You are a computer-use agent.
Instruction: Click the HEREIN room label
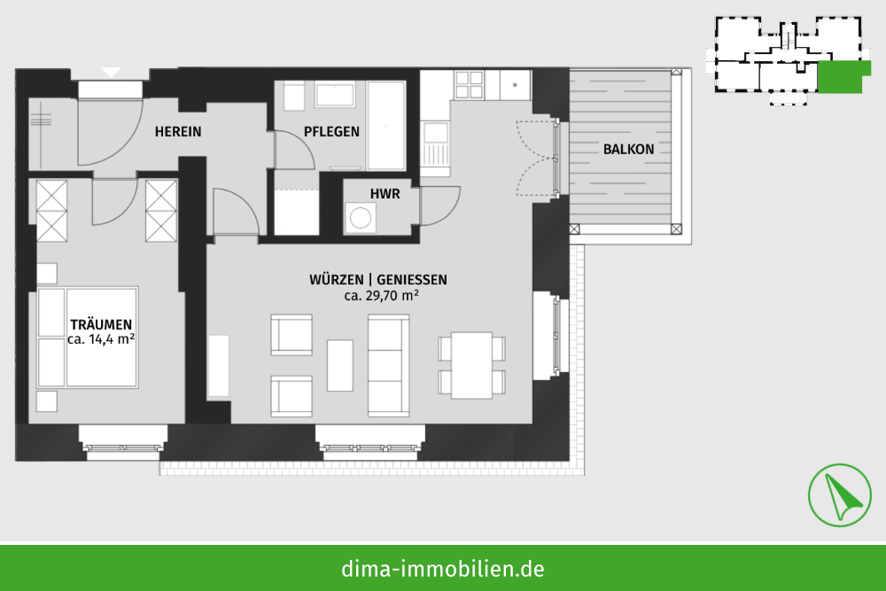(178, 132)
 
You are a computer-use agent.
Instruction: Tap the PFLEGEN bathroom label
(331, 132)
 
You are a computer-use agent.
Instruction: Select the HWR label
(385, 194)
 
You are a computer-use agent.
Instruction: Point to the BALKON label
(628, 149)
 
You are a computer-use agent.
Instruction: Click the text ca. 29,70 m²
(381, 295)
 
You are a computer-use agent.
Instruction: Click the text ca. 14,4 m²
(101, 339)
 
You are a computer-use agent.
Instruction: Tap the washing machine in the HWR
(360, 218)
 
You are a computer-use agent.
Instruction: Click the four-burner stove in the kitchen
(470, 85)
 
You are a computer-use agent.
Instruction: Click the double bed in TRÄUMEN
(88, 338)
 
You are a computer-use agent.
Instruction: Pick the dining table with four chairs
(472, 365)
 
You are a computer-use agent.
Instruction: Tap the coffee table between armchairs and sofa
(340, 365)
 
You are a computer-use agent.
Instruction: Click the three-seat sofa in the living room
(388, 366)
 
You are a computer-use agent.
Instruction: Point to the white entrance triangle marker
(112, 73)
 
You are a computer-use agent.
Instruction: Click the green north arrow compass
(840, 495)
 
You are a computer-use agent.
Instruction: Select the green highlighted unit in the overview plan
(842, 77)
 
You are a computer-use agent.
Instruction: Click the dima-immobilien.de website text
(443, 568)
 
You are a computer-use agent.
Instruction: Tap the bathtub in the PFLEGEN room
(386, 126)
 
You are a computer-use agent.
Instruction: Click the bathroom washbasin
(335, 94)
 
